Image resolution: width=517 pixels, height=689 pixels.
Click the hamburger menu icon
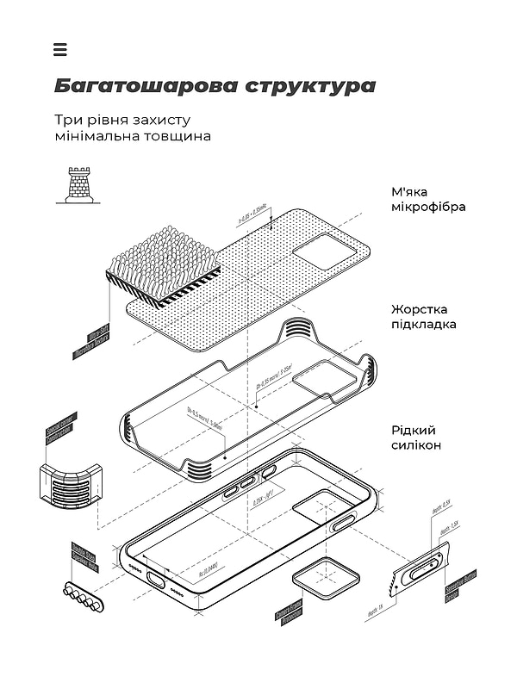click(x=59, y=49)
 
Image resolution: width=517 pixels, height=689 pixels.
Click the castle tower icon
click(x=76, y=184)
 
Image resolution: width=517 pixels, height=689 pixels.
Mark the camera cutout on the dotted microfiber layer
click(x=323, y=250)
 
